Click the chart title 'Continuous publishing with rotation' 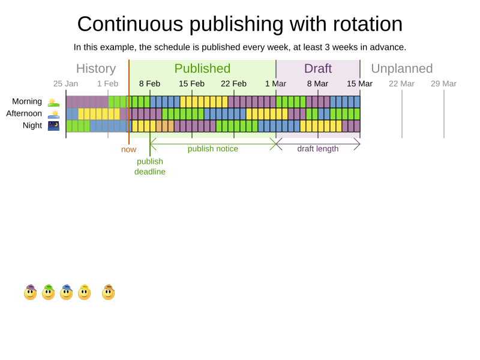pyautogui.click(x=240, y=24)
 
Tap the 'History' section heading pyautogui.click(x=96, y=68)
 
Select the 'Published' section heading pyautogui.click(x=202, y=68)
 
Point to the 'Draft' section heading pyautogui.click(x=318, y=68)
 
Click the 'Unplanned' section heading pyautogui.click(x=402, y=68)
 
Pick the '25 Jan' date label pyautogui.click(x=65, y=83)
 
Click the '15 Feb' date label pyautogui.click(x=191, y=83)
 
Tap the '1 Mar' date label pyautogui.click(x=275, y=83)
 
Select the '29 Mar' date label pyautogui.click(x=443, y=83)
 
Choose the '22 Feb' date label pyautogui.click(x=233, y=83)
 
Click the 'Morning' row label pyautogui.click(x=27, y=101)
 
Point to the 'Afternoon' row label pyautogui.click(x=24, y=113)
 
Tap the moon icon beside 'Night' pyautogui.click(x=54, y=125)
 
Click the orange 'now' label pyautogui.click(x=128, y=149)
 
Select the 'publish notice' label pyautogui.click(x=213, y=149)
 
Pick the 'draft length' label pyautogui.click(x=318, y=149)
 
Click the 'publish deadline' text pyautogui.click(x=150, y=166)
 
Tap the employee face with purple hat pyautogui.click(x=30, y=292)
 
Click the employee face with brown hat pyautogui.click(x=108, y=292)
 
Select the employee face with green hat pyautogui.click(x=48, y=292)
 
